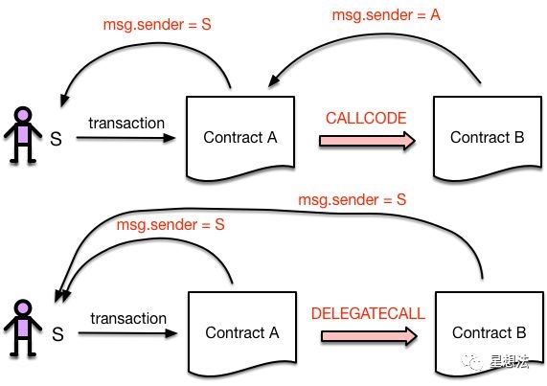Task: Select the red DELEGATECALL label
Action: pyautogui.click(x=368, y=311)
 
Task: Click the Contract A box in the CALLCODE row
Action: pyautogui.click(x=240, y=137)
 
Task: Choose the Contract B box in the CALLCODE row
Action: pyautogui.click(x=487, y=137)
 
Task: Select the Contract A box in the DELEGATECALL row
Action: pyautogui.click(x=240, y=332)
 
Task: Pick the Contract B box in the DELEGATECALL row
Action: pyautogui.click(x=487, y=332)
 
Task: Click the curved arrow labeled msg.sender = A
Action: pyautogui.click(x=383, y=45)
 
